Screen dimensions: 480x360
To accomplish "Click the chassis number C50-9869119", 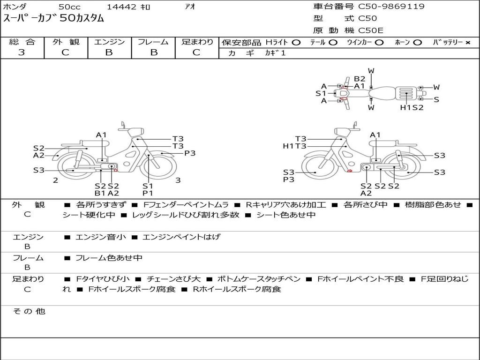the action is pyautogui.click(x=391, y=7).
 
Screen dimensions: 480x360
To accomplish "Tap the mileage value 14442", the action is pyautogui.click(x=121, y=7).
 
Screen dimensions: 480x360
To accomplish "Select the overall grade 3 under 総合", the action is pyautogui.click(x=22, y=52).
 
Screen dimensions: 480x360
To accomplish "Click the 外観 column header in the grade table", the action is pyautogui.click(x=66, y=42).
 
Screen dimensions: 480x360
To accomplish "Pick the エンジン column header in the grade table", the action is pyautogui.click(x=109, y=42).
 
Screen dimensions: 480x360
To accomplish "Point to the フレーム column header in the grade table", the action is pyautogui.click(x=153, y=42).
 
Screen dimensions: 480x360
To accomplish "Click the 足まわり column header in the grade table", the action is pyautogui.click(x=197, y=42).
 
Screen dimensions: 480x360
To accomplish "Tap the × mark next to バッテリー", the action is pyautogui.click(x=468, y=43).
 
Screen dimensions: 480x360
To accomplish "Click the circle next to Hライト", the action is pyautogui.click(x=296, y=43).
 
